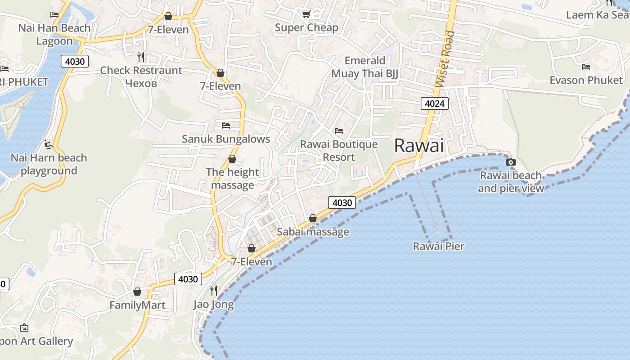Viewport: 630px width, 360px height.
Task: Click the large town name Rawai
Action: coord(418,145)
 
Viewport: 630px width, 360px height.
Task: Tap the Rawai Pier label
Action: coord(438,246)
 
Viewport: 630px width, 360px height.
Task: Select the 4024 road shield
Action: coord(435,104)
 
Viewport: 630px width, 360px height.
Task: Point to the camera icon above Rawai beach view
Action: coord(510,162)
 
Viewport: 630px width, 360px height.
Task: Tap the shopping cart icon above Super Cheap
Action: coord(306,14)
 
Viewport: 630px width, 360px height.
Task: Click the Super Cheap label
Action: coord(306,28)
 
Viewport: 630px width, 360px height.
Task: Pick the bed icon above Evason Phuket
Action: coord(586,67)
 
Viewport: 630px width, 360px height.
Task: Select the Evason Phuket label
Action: coord(586,80)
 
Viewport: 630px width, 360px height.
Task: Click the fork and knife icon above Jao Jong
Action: coord(214,290)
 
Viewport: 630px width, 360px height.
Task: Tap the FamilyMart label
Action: coord(137,305)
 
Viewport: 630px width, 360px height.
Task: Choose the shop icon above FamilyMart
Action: coord(137,292)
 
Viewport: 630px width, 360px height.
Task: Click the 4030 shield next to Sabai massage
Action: coord(342,202)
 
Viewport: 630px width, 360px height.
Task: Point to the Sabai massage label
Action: coord(313,232)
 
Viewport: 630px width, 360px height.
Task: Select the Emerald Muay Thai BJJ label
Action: coord(365,67)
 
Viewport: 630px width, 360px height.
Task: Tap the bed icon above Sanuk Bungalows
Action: coord(226,125)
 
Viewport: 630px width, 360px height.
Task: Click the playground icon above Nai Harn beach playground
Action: coord(49,144)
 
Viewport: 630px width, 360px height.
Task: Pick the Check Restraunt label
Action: coord(141,71)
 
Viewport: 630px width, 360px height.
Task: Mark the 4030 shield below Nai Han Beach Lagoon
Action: coord(75,61)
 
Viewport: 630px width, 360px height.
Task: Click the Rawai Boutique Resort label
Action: coord(339,151)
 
